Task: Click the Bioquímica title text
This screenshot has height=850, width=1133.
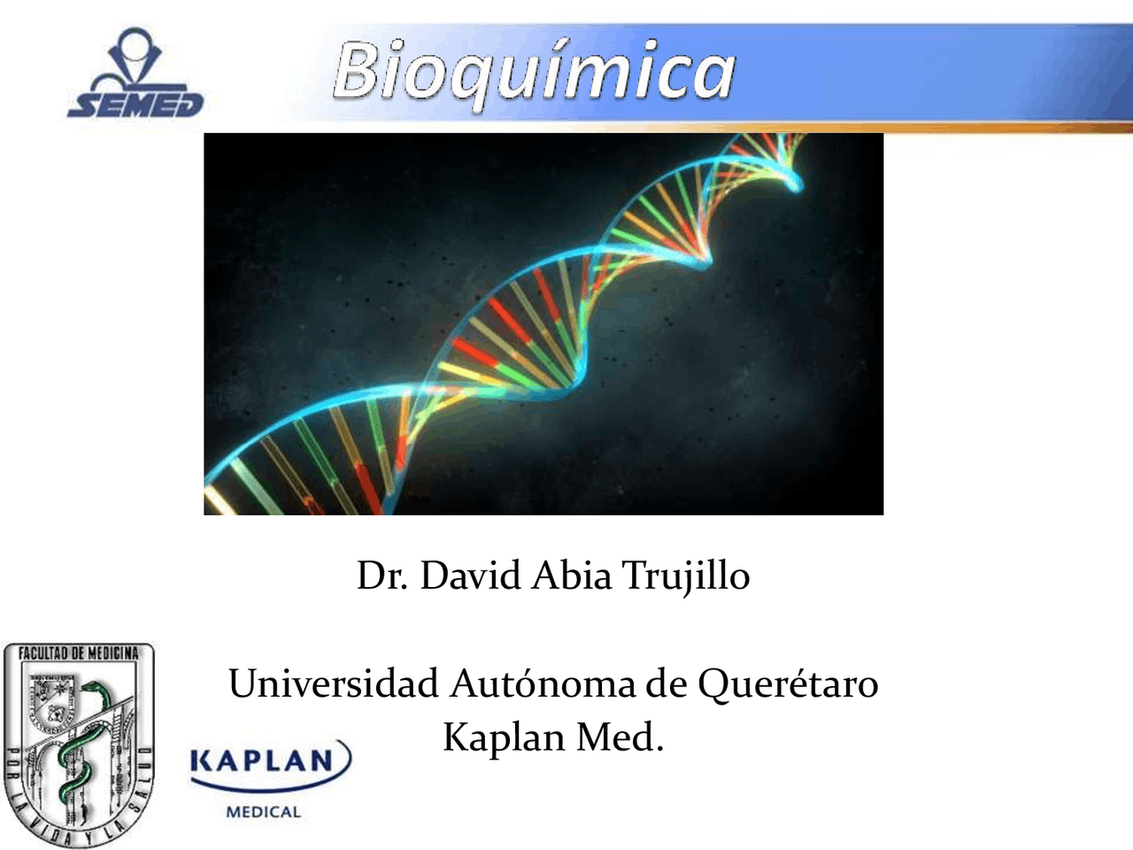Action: pos(534,70)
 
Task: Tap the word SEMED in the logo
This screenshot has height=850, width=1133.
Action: pos(135,104)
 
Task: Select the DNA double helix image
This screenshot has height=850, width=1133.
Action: pos(543,324)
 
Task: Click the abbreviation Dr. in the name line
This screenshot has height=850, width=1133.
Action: pos(382,576)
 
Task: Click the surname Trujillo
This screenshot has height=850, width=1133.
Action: pos(686,576)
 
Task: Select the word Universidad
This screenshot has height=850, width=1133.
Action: pos(333,684)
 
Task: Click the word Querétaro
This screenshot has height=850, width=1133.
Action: pos(788,684)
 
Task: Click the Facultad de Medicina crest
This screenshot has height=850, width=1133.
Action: pos(78,744)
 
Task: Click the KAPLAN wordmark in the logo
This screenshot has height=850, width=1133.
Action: pos(263,761)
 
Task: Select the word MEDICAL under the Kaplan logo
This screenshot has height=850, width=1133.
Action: pos(264,811)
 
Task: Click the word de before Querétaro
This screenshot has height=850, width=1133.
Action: pos(666,684)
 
